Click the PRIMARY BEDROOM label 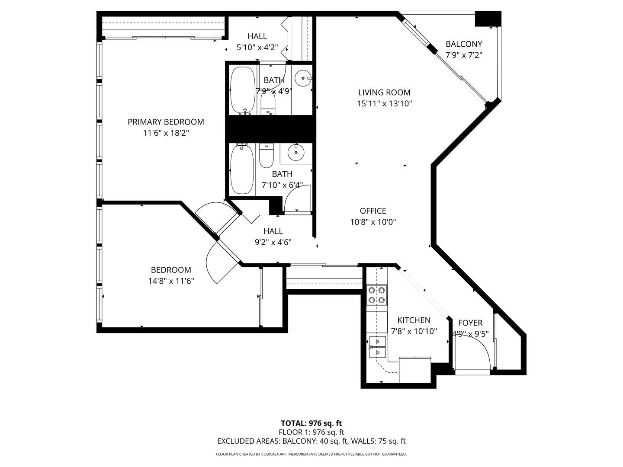click(166, 122)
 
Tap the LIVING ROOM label click(384, 93)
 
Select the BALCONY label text click(464, 44)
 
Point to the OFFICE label click(373, 211)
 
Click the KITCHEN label click(414, 320)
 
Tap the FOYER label click(470, 323)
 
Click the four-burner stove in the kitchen click(377, 295)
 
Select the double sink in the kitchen click(378, 347)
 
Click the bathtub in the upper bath click(242, 90)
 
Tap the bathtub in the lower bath click(242, 170)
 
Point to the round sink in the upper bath click(303, 78)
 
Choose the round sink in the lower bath click(296, 152)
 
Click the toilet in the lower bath click(266, 156)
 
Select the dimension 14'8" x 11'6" click(171, 281)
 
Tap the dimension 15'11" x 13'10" click(384, 103)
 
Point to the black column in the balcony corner click(488, 19)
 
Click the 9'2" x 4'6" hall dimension click(273, 243)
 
